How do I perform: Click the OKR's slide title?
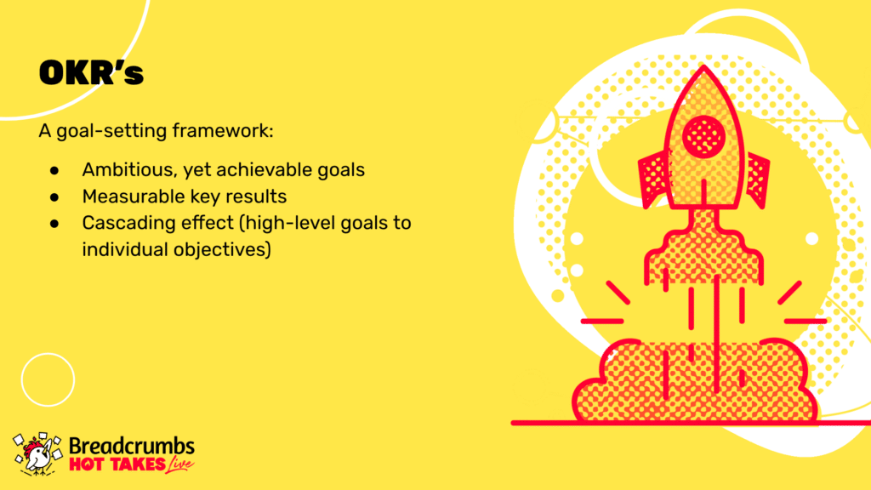pyautogui.click(x=91, y=73)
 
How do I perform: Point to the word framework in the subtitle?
pyautogui.click(x=222, y=131)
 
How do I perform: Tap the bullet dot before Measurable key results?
pyautogui.click(x=54, y=197)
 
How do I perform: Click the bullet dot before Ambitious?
pyautogui.click(x=54, y=170)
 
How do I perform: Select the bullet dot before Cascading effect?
pyautogui.click(x=54, y=224)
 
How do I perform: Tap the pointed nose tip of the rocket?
pyautogui.click(x=703, y=66)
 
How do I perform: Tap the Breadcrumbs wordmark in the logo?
pyautogui.click(x=132, y=446)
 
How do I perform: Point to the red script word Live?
pyautogui.click(x=179, y=464)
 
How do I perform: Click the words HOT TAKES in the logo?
pyautogui.click(x=117, y=464)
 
